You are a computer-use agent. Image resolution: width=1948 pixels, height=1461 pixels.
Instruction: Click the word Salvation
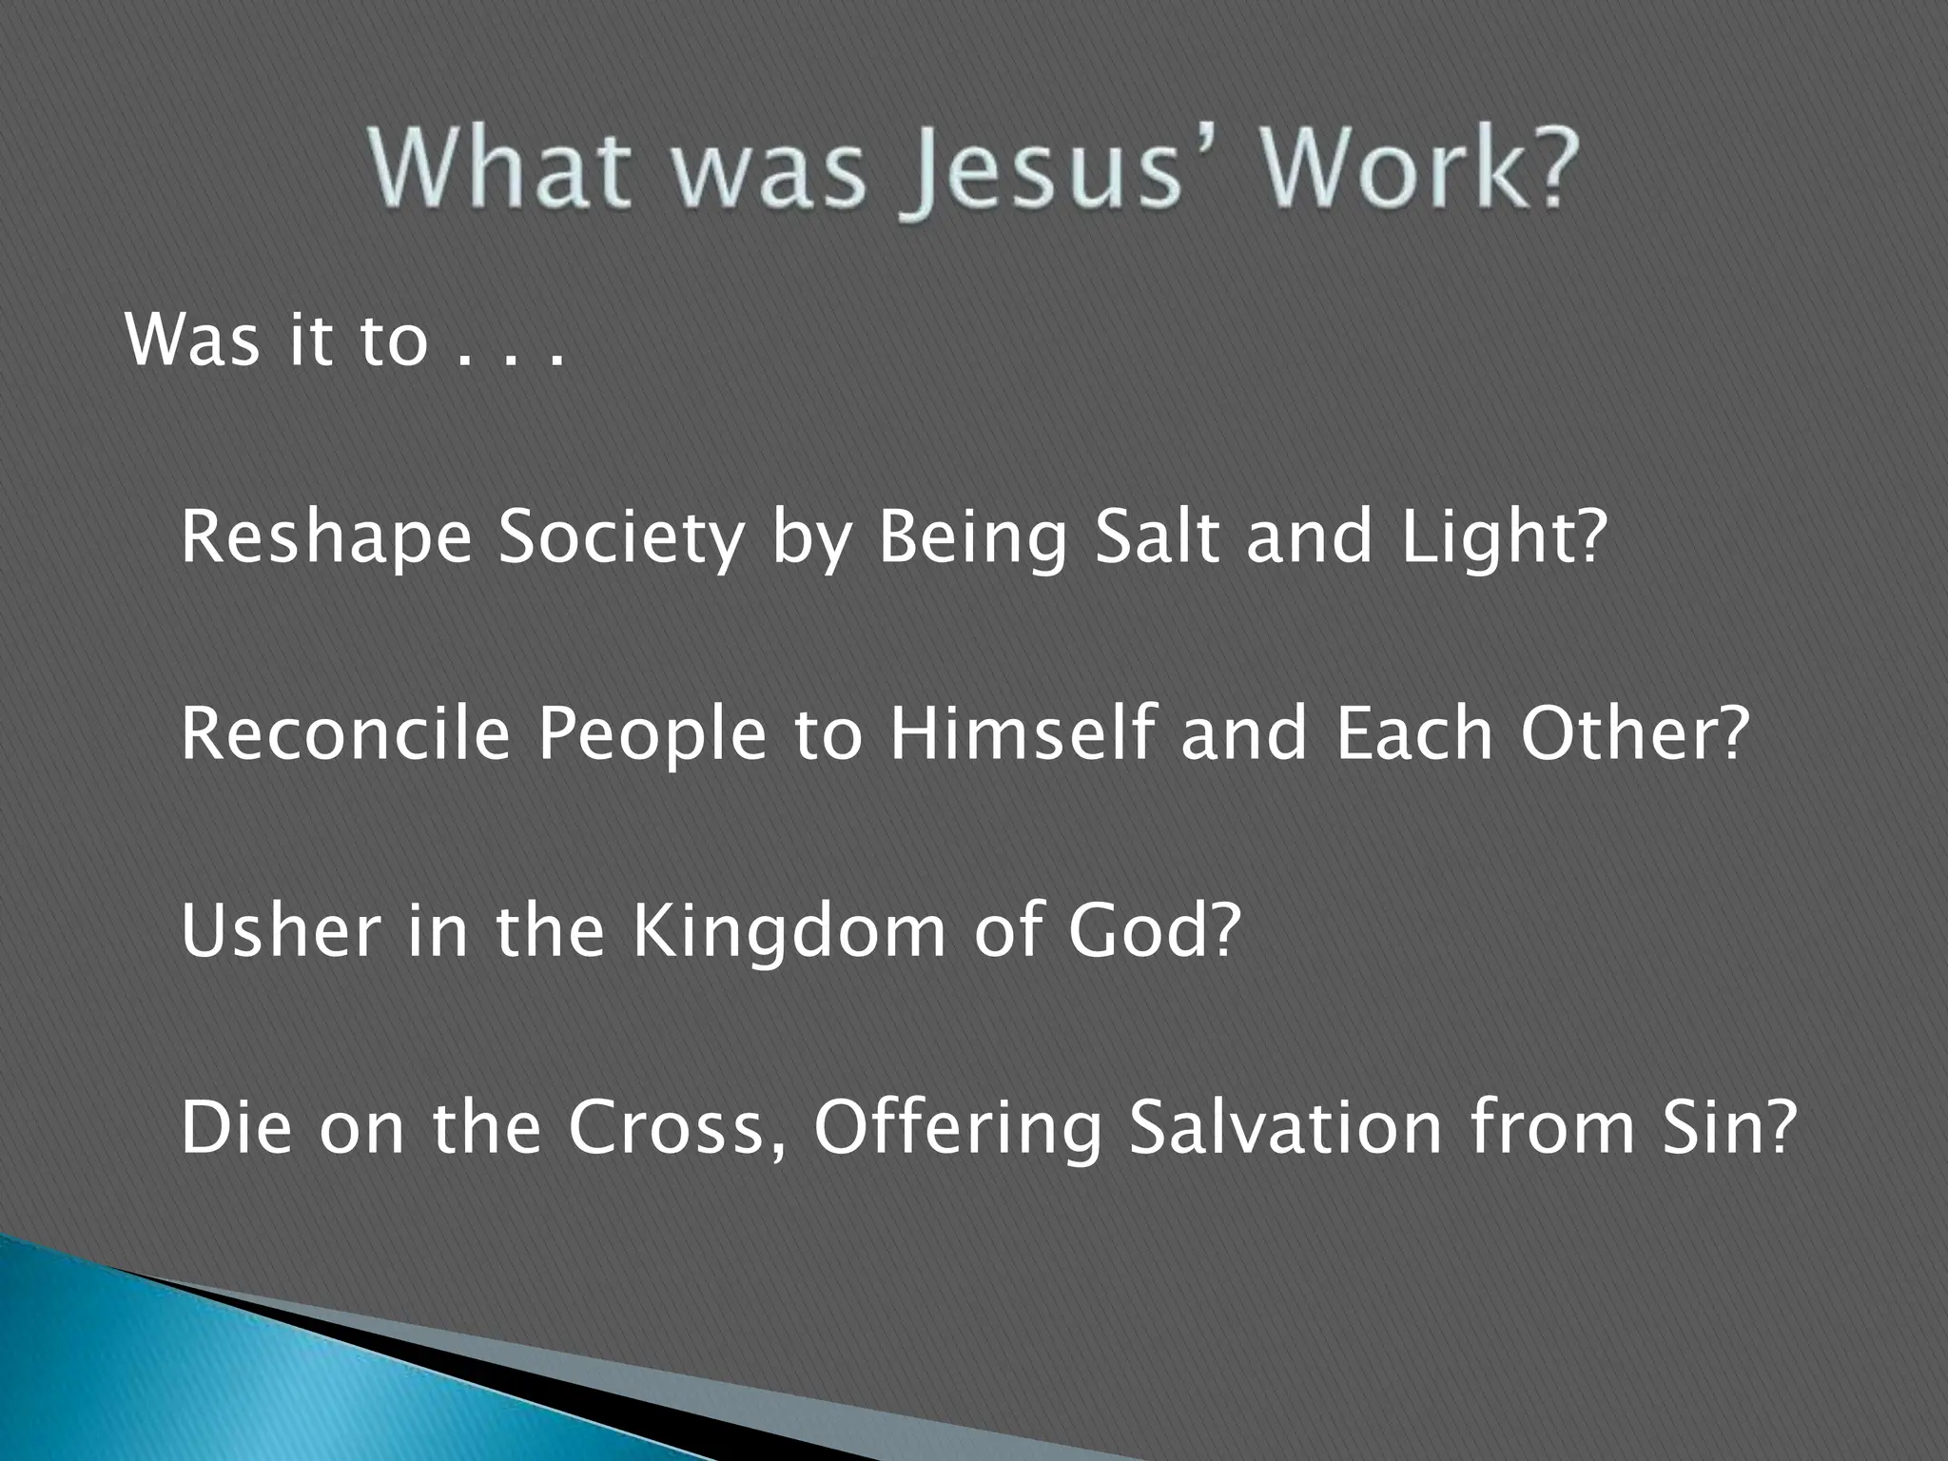(x=1285, y=1127)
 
